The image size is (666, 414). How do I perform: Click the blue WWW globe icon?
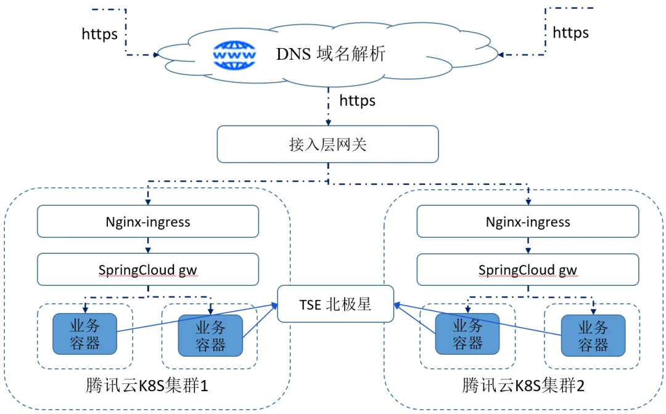click(234, 55)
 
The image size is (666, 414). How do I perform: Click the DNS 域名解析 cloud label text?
click(331, 54)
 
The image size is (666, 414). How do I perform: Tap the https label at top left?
click(99, 34)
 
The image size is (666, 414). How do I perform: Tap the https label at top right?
click(570, 33)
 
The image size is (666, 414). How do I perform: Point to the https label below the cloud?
click(357, 100)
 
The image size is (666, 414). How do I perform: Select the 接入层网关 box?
click(327, 144)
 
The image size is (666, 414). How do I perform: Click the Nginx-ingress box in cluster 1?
click(148, 221)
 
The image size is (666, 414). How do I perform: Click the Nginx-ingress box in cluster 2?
click(527, 221)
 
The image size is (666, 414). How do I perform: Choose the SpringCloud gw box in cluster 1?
click(148, 269)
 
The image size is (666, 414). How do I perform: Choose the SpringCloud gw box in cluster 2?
click(527, 270)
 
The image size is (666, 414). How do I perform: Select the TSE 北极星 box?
click(335, 304)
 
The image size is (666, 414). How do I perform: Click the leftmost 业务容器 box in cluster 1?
click(84, 334)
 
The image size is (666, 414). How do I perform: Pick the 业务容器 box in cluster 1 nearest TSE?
click(210, 336)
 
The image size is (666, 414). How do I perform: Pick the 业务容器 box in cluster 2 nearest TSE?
click(467, 334)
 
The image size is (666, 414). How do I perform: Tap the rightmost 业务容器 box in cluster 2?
click(593, 336)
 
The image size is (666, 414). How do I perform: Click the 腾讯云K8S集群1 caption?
click(147, 385)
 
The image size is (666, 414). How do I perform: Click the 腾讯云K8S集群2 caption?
click(524, 385)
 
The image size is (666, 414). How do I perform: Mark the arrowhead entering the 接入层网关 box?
click(328, 123)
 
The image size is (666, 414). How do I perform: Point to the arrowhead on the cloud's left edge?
click(156, 55)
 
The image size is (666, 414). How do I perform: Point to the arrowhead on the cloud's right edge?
click(500, 55)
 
